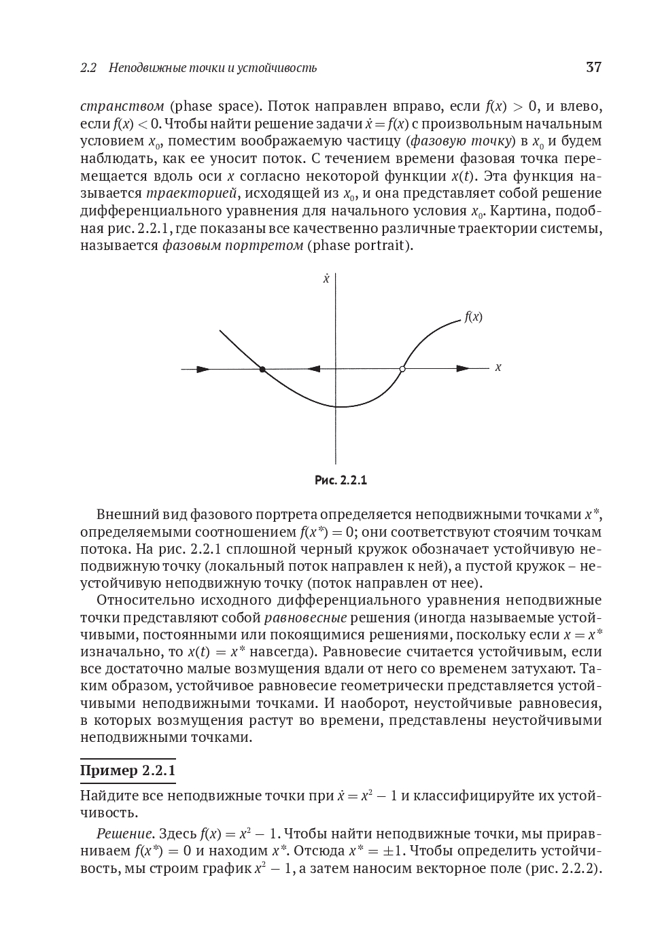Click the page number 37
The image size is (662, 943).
coord(593,67)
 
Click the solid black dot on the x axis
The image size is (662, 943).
coord(262,369)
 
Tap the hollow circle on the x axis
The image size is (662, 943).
coord(402,369)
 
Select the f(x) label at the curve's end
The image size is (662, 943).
coord(473,317)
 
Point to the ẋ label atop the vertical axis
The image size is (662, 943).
coord(326,279)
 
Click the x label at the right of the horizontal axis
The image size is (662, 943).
coord(498,368)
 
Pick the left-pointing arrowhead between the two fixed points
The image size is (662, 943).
coord(313,369)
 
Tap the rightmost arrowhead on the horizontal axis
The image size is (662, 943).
coord(463,369)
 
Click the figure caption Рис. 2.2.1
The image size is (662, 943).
coord(341,480)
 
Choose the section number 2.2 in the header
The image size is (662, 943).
coord(88,68)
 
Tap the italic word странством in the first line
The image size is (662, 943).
coord(122,106)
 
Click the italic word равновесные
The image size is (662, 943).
coord(305,618)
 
